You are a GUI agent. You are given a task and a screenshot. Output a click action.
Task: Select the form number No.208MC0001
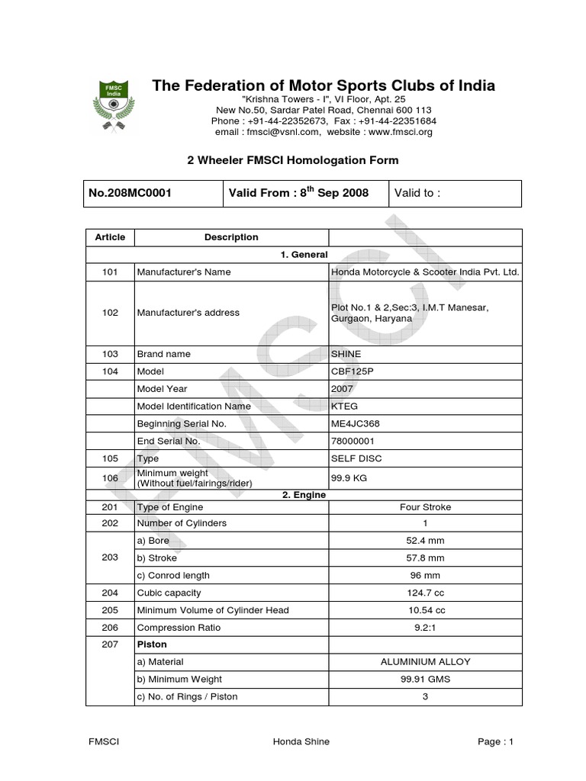coord(130,193)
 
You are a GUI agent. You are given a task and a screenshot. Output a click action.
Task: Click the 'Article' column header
coord(110,237)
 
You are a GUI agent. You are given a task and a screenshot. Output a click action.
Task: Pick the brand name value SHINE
coord(346,354)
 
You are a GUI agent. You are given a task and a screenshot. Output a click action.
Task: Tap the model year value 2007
coord(343,389)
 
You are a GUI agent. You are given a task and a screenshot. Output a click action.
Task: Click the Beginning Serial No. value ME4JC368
coord(356,424)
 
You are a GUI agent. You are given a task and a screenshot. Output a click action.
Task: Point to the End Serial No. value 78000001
coord(353,442)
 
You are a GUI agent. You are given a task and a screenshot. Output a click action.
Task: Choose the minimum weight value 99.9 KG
coord(349,477)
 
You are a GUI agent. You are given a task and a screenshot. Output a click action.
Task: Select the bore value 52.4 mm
coord(425,541)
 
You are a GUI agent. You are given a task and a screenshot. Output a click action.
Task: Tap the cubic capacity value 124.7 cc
coord(425,593)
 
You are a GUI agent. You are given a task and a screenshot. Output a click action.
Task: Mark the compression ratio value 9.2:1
coord(425,627)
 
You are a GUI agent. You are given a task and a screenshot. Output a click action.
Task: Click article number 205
coord(110,609)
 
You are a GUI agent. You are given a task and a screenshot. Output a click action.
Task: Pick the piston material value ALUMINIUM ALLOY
coord(425,662)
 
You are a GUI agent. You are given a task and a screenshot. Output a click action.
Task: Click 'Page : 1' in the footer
coord(497,742)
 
